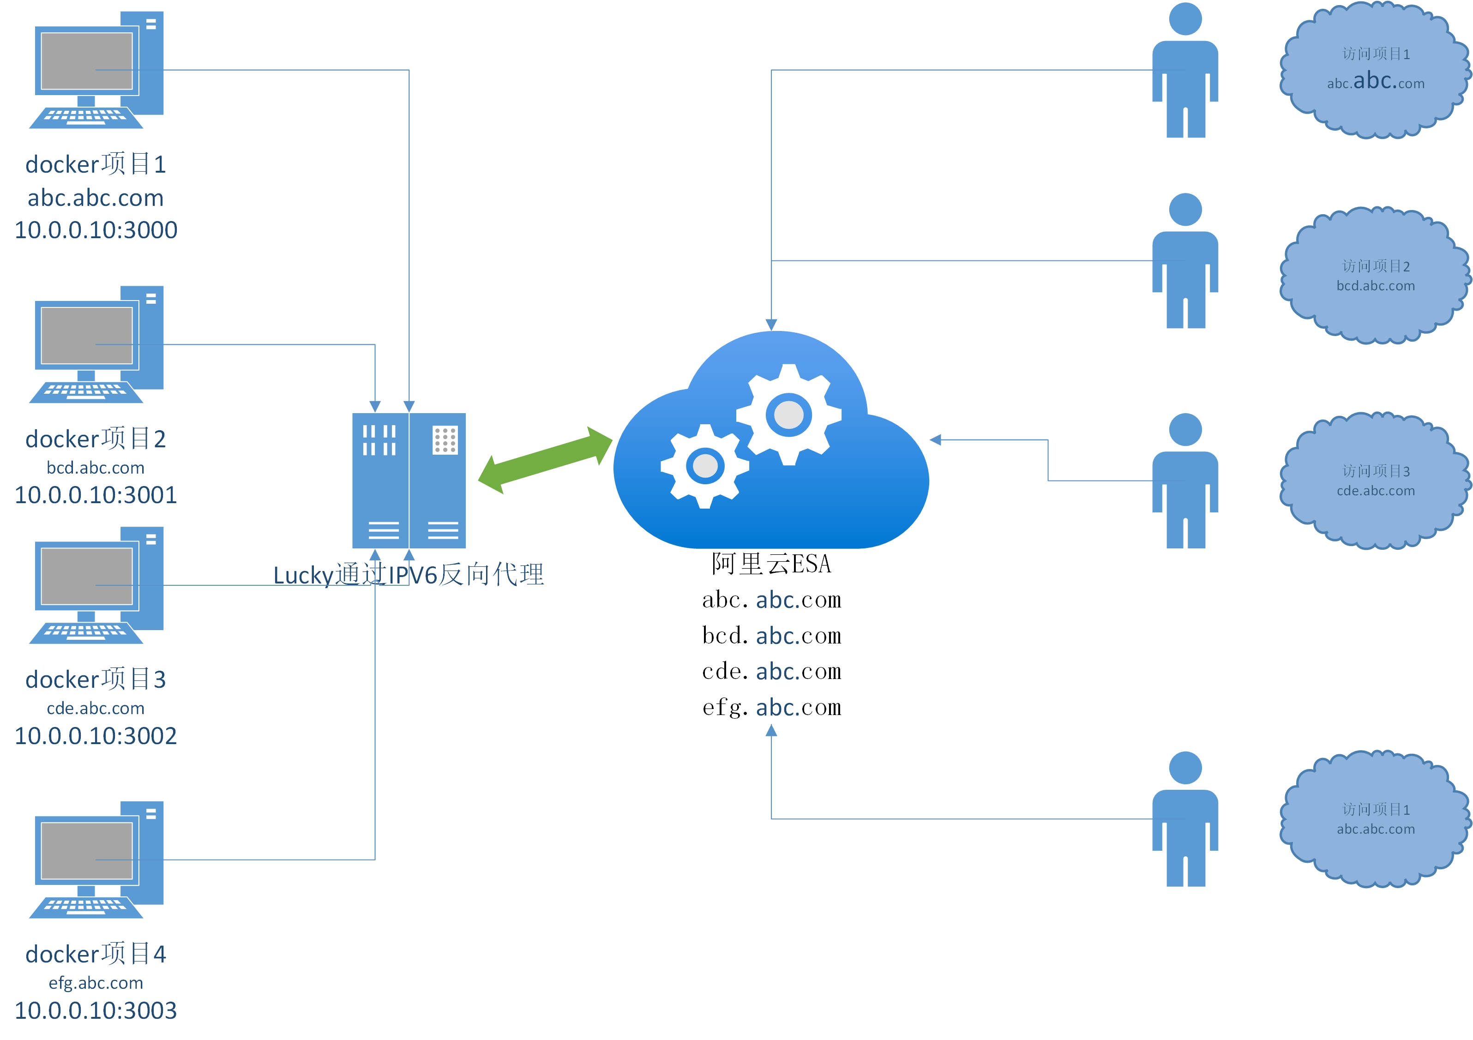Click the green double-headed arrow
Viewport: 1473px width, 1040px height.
pos(545,460)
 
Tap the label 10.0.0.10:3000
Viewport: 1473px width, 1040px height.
pos(96,230)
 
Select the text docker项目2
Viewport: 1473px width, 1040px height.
pos(96,439)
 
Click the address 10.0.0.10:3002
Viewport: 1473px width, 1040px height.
pos(96,735)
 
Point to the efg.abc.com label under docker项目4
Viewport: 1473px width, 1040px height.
pos(96,982)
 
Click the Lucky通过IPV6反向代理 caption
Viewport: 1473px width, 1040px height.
pos(408,574)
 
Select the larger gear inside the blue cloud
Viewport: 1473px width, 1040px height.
pos(788,415)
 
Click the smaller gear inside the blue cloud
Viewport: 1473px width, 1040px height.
pos(705,466)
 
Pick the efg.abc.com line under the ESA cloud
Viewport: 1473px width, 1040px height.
pos(771,707)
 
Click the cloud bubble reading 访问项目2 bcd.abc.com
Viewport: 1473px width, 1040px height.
pos(1375,276)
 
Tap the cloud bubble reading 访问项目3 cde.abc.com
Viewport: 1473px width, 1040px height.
pos(1375,481)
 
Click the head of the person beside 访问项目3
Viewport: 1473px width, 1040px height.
pos(1185,429)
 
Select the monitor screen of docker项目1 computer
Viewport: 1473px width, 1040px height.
pos(87,61)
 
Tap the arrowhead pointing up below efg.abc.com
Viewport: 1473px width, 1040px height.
pos(771,730)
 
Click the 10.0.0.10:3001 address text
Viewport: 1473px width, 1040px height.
pos(96,495)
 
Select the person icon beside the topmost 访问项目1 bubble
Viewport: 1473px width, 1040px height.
pos(1185,71)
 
